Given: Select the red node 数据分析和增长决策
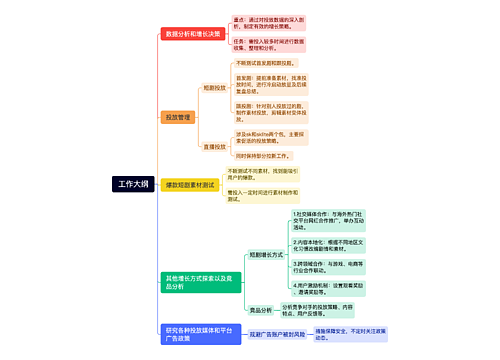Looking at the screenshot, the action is tap(192, 34).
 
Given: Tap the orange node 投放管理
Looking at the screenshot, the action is tap(176, 117).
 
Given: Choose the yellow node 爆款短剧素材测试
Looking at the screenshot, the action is tap(188, 185).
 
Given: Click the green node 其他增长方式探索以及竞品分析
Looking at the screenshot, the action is tap(199, 282).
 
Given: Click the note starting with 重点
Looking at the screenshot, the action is tap(268, 23).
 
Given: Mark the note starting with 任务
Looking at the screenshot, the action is tap(268, 45).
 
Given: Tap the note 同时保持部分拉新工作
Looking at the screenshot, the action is tap(262, 156).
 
